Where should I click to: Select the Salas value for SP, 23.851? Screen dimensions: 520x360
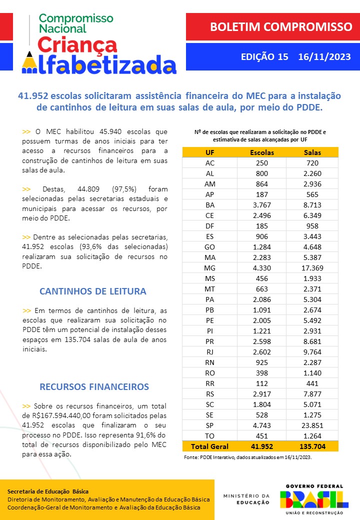click(x=313, y=425)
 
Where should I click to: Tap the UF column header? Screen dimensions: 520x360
click(x=210, y=152)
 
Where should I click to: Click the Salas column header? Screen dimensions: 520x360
click(x=313, y=152)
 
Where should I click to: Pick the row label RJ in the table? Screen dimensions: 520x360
click(x=210, y=351)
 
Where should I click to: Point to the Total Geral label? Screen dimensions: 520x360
click(x=210, y=446)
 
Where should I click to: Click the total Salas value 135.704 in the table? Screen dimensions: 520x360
click(x=313, y=446)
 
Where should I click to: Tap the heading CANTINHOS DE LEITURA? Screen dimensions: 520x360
click(x=92, y=291)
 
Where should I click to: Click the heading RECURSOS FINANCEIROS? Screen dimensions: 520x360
click(x=94, y=386)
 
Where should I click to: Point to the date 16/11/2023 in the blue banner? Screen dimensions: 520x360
click(x=324, y=57)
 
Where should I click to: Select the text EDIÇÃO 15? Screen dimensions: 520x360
click(x=264, y=57)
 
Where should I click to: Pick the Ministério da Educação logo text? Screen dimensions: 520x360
click(x=246, y=499)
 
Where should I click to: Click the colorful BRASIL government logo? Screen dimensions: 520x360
click(x=314, y=499)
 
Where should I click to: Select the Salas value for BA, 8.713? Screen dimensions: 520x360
click(x=313, y=204)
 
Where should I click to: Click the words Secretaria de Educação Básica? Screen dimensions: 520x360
click(x=48, y=491)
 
